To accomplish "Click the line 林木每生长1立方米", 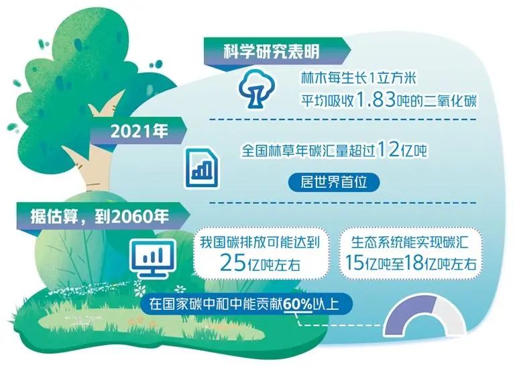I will tap(349, 78).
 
